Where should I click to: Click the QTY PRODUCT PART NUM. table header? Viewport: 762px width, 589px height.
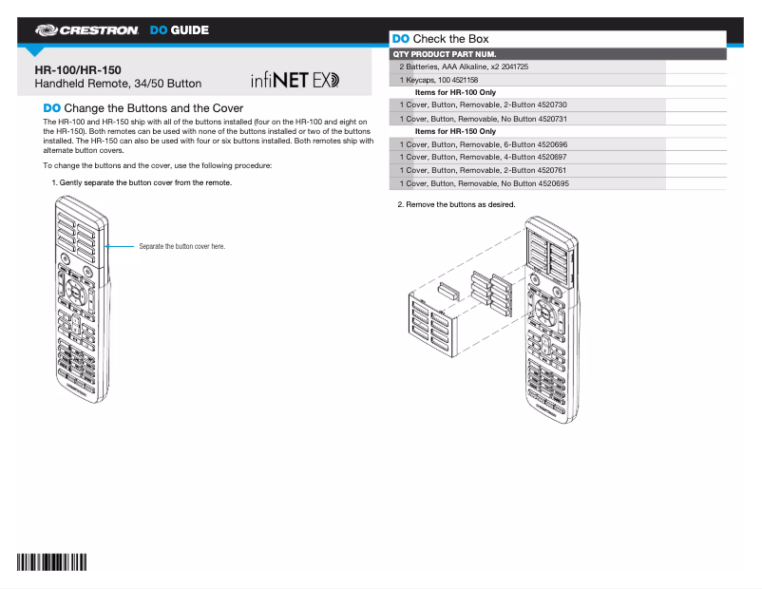point(444,54)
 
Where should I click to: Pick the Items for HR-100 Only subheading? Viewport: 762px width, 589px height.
point(455,92)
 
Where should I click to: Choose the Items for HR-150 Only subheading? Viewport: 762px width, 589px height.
point(455,131)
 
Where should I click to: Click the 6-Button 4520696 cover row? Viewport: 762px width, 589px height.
point(483,143)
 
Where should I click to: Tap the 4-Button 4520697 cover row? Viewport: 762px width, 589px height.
point(483,157)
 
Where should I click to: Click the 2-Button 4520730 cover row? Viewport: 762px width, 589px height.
point(483,104)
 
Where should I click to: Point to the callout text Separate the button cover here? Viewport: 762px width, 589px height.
point(181,246)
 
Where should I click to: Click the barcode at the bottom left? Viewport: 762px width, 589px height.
point(50,561)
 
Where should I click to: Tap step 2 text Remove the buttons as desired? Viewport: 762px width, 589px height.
point(456,204)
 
